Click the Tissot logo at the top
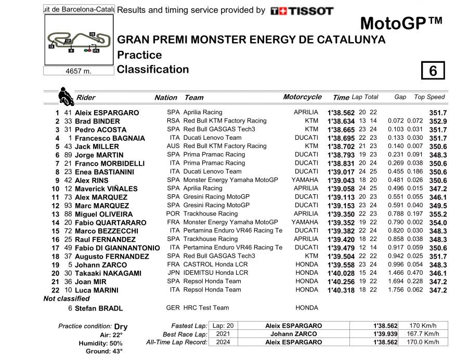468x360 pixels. [x=302, y=10]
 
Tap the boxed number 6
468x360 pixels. [x=433, y=71]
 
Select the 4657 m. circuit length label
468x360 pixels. [x=79, y=71]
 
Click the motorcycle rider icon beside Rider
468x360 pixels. [x=66, y=96]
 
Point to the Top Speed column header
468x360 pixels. [x=429, y=97]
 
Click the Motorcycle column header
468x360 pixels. [x=302, y=97]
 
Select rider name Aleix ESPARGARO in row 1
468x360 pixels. [x=107, y=113]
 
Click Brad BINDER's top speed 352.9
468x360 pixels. [x=438, y=121]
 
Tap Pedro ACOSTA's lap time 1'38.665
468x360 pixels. [x=341, y=129]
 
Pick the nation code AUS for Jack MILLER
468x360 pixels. [x=173, y=146]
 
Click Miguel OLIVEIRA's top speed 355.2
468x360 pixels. [x=438, y=214]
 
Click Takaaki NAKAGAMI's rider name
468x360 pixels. [x=109, y=273]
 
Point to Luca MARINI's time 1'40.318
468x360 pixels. [x=341, y=290]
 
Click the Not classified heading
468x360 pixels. [x=67, y=299]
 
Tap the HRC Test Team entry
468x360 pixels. [x=206, y=308]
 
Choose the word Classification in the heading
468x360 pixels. [x=153, y=70]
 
